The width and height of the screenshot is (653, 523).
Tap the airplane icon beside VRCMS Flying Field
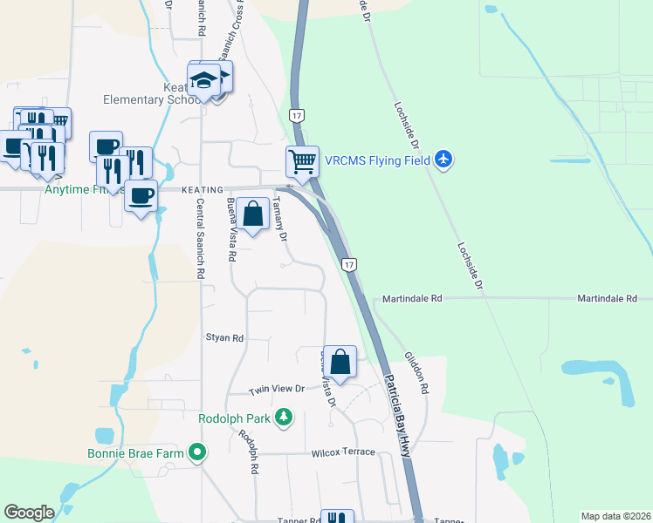(444, 160)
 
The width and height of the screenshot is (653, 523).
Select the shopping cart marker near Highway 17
(302, 161)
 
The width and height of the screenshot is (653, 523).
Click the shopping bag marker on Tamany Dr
(252, 214)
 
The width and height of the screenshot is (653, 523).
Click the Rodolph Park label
(235, 419)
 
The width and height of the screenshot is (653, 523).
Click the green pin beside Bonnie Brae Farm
(197, 452)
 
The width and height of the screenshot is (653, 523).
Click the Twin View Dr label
(276, 390)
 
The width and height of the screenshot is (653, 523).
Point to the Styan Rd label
(223, 337)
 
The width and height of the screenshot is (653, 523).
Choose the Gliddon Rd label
(415, 372)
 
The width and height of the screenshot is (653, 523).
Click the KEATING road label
(203, 189)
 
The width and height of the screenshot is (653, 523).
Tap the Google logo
(30, 513)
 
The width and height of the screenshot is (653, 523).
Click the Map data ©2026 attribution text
(615, 516)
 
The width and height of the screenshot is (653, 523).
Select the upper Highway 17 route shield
(298, 115)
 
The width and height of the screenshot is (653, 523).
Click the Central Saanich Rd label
(201, 238)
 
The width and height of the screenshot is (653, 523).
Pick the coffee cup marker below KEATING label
(140, 194)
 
